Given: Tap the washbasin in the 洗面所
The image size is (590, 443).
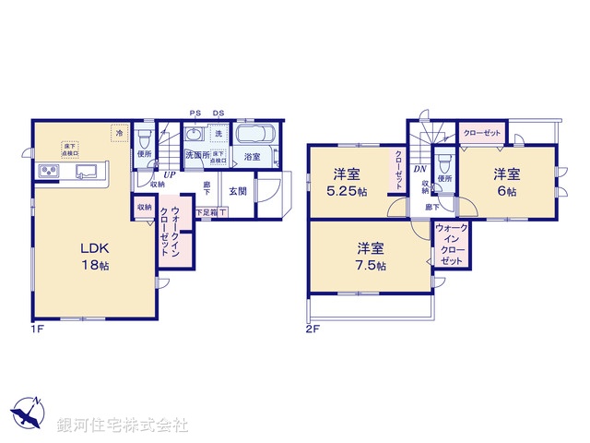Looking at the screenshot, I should click(195, 135).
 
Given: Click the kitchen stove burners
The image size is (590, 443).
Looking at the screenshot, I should click(50, 172).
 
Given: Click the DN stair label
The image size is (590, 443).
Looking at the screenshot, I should click(419, 169).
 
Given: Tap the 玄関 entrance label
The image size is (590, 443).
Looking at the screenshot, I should click(237, 191).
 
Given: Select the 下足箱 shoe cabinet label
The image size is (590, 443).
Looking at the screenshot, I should click(206, 212).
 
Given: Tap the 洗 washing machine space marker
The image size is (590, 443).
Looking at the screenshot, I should click(218, 135).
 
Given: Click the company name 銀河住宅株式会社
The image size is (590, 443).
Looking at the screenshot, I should click(123, 425).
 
